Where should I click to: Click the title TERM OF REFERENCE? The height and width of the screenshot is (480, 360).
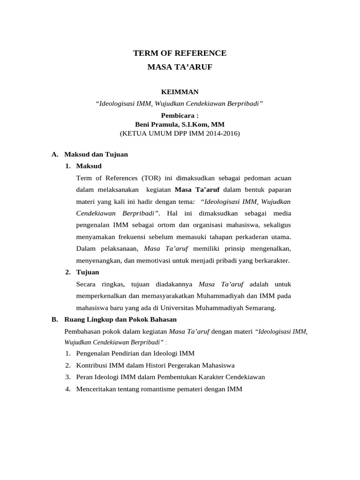[x=180, y=53]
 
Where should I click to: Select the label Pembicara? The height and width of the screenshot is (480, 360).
[x=178, y=115]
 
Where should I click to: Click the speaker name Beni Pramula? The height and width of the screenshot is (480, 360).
[x=155, y=124]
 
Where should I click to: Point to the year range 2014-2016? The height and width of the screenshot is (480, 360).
[x=220, y=133]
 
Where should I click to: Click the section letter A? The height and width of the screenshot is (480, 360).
[x=54, y=154]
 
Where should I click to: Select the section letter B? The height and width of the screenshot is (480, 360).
[x=54, y=320]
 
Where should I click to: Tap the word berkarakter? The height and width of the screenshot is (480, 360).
[x=271, y=260]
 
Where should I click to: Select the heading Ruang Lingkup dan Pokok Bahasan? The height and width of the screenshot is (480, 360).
[x=120, y=320]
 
